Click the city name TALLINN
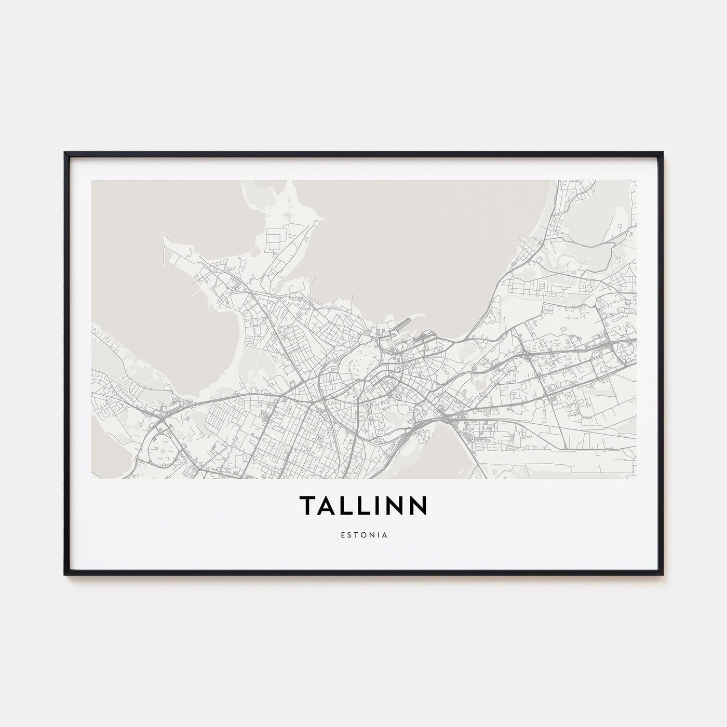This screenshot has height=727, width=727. point(363,505)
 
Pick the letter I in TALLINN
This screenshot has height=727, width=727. point(378,505)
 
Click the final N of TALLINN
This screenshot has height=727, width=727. point(418,505)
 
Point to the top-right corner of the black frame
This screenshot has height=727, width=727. point(662,153)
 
